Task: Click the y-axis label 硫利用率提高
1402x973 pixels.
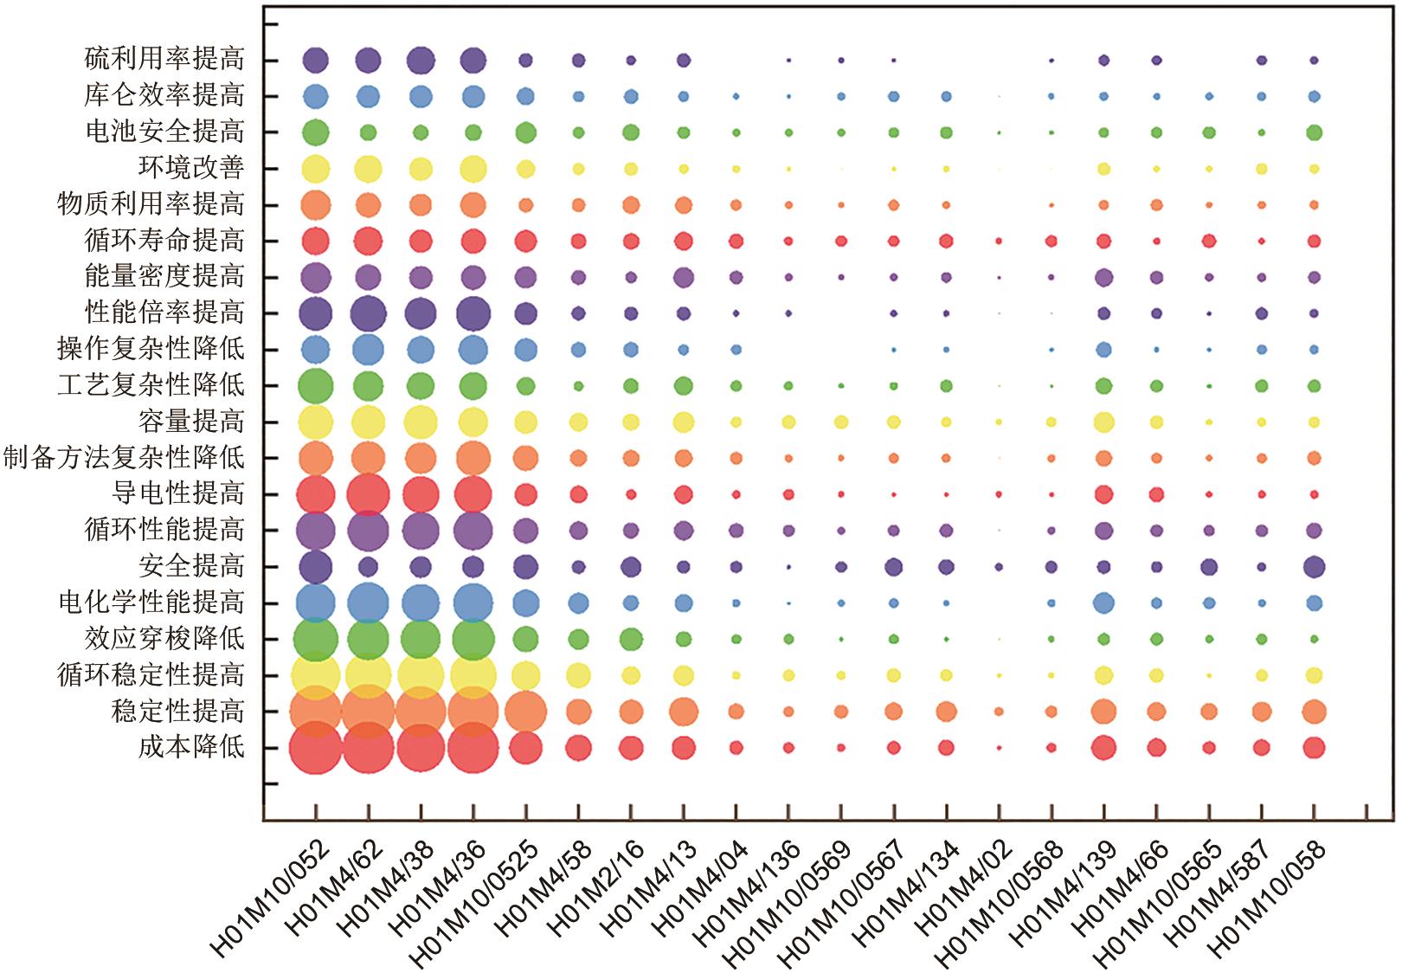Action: pyautogui.click(x=164, y=60)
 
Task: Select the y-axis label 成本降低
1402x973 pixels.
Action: pyautogui.click(x=191, y=747)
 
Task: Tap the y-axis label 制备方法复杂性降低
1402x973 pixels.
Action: pyautogui.click(x=124, y=457)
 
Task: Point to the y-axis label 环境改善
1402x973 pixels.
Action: pyautogui.click(x=191, y=168)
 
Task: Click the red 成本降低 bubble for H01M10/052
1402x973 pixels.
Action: pyautogui.click(x=315, y=747)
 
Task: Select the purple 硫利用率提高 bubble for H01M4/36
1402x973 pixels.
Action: pyautogui.click(x=473, y=61)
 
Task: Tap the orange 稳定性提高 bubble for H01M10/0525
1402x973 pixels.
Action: pyautogui.click(x=525, y=712)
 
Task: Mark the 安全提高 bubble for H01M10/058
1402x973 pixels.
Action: pyautogui.click(x=1314, y=567)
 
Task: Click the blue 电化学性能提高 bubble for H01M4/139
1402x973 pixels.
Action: pyautogui.click(x=1103, y=602)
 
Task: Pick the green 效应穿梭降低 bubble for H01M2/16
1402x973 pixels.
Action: pyautogui.click(x=631, y=640)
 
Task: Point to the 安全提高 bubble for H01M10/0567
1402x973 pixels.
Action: pyautogui.click(x=894, y=567)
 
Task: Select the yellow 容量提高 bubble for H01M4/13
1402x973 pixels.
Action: pyautogui.click(x=684, y=422)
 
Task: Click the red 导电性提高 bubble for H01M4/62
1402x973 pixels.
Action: pyautogui.click(x=368, y=495)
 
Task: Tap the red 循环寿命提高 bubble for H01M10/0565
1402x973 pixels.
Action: pyautogui.click(x=1209, y=241)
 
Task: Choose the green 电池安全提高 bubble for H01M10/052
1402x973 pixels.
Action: pyautogui.click(x=315, y=132)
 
